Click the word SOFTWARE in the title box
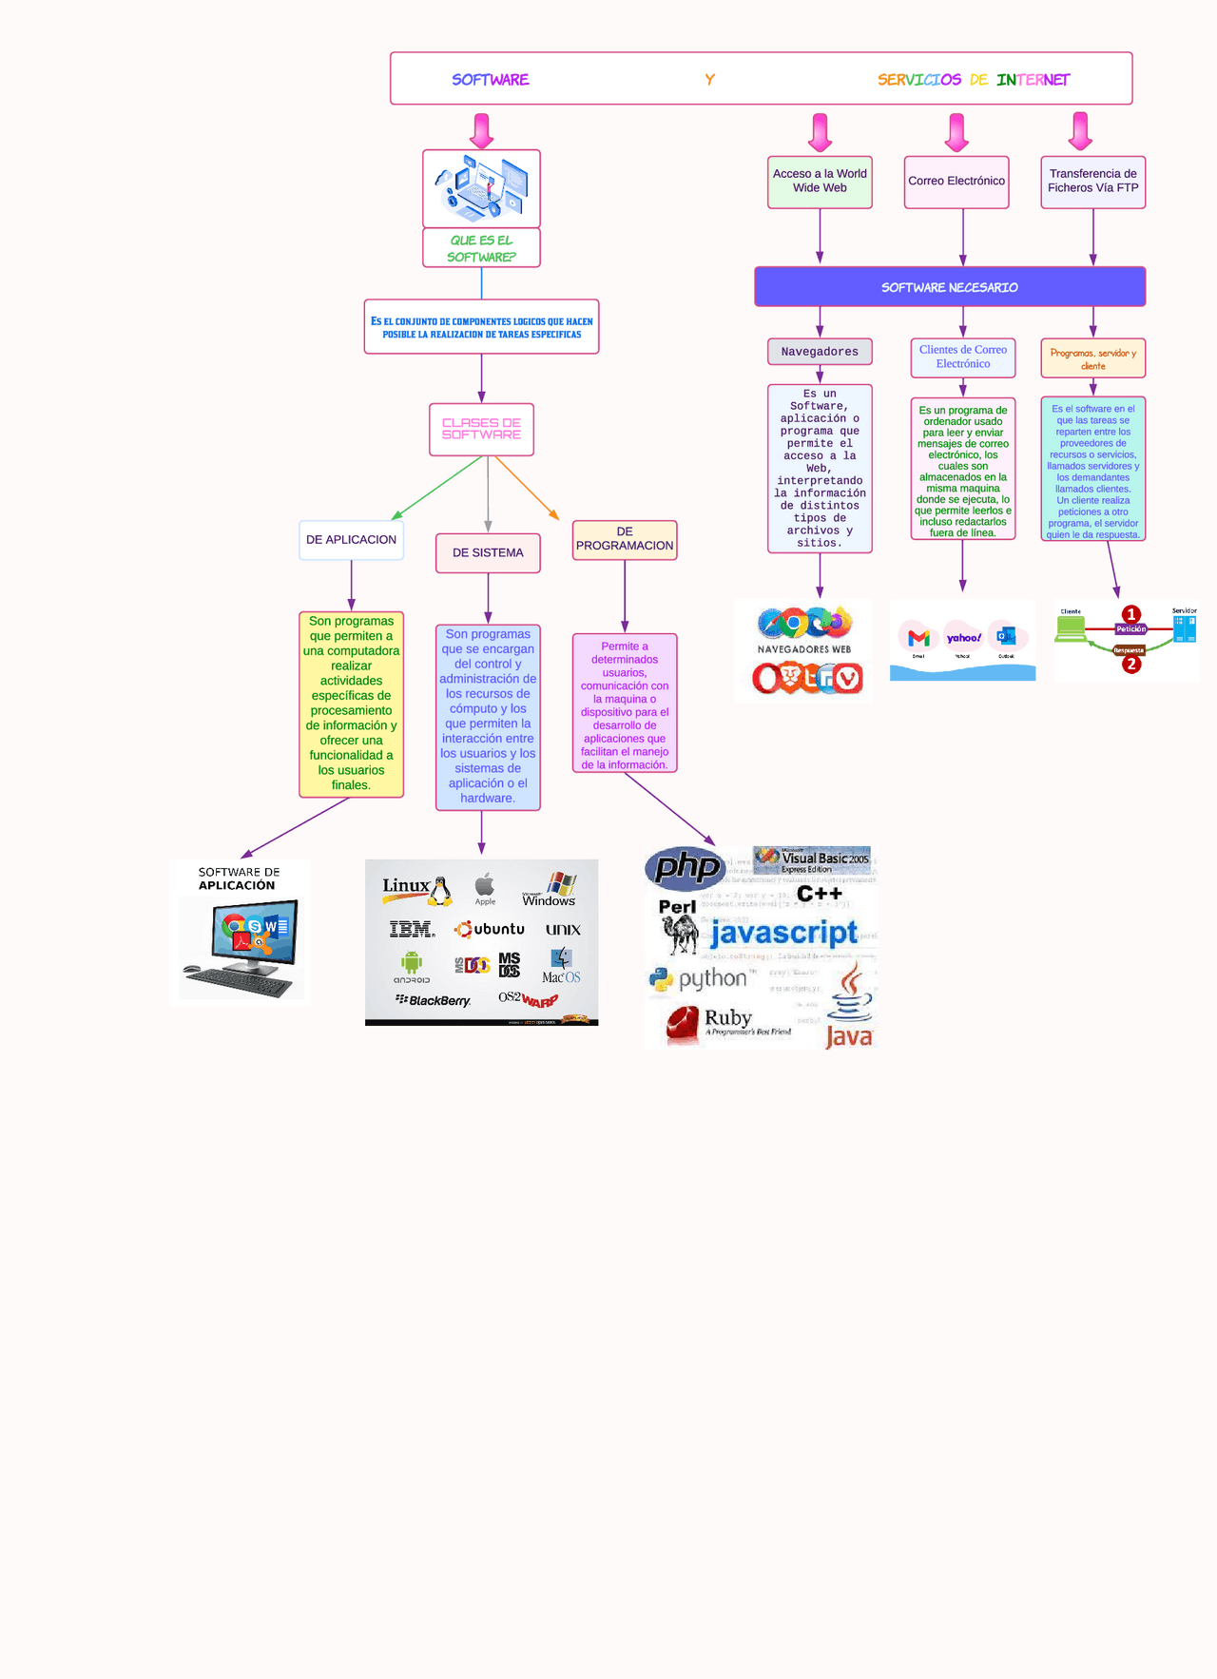point(490,80)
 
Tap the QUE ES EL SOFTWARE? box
point(481,248)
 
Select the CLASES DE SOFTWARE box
point(481,429)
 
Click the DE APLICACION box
point(351,540)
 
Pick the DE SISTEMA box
point(488,553)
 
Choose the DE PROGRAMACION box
point(625,539)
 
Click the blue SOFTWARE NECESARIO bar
point(949,287)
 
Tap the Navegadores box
point(820,352)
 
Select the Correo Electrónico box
point(956,182)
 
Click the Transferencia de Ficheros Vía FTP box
point(1092,182)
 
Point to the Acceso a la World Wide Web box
point(820,182)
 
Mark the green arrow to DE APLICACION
point(437,488)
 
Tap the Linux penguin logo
point(440,891)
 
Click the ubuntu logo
point(490,929)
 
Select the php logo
point(686,867)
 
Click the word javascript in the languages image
point(783,933)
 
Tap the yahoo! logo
point(963,638)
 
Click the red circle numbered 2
point(1131,665)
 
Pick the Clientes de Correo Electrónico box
point(962,357)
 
